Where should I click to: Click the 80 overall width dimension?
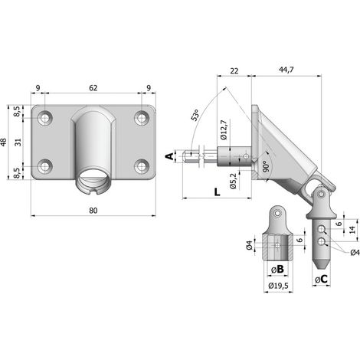(x=93, y=211)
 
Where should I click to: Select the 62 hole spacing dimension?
(x=93, y=88)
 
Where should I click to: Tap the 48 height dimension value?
(x=4, y=142)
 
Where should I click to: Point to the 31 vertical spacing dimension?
(x=18, y=142)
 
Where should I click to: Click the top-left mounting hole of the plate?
(x=45, y=118)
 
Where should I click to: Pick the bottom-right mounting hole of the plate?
(x=141, y=166)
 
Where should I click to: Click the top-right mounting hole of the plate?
(x=141, y=118)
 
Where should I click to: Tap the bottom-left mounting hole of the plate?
(x=45, y=166)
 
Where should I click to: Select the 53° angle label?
(x=195, y=115)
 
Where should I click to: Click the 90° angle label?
(x=266, y=166)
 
